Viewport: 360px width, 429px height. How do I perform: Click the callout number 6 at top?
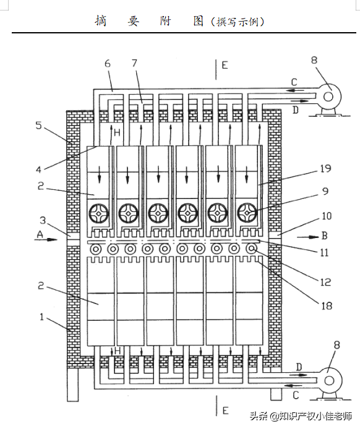(x=108, y=64)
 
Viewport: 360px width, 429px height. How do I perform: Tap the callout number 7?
(x=134, y=63)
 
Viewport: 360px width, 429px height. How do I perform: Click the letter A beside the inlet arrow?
(x=40, y=234)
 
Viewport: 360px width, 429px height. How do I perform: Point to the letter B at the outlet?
(x=324, y=236)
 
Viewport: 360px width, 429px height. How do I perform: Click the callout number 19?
(x=326, y=169)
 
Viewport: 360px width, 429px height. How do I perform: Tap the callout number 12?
(x=326, y=282)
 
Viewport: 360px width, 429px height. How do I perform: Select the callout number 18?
(x=327, y=305)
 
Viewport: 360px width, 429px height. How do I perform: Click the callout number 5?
(x=38, y=125)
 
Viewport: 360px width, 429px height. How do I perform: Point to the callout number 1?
(x=41, y=317)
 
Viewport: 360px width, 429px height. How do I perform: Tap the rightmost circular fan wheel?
(x=247, y=213)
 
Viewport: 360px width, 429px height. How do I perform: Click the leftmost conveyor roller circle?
(x=96, y=249)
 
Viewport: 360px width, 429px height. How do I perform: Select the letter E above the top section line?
(x=225, y=65)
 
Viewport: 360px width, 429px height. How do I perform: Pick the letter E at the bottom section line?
(x=225, y=410)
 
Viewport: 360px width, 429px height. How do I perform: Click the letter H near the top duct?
(x=117, y=133)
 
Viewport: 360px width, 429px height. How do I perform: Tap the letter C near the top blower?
(x=294, y=82)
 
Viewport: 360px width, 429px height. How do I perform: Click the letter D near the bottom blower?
(x=299, y=367)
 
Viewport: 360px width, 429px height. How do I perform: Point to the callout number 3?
(x=43, y=220)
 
